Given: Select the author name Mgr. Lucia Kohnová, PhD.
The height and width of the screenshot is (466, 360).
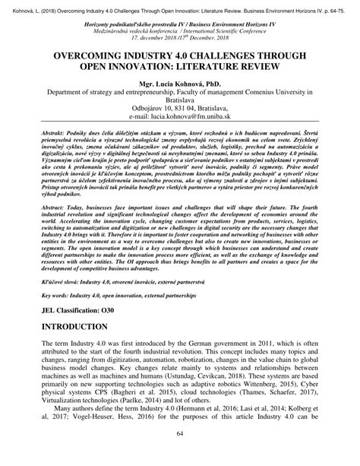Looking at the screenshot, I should [180, 99].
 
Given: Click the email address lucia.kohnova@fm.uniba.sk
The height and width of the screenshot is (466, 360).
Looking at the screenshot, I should [180, 138].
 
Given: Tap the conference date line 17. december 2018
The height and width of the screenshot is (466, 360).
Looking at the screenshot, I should [180, 38].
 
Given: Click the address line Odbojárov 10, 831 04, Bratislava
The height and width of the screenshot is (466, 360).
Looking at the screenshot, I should [180, 129].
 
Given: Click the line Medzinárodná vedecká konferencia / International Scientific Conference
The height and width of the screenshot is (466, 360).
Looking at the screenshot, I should [180, 30].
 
